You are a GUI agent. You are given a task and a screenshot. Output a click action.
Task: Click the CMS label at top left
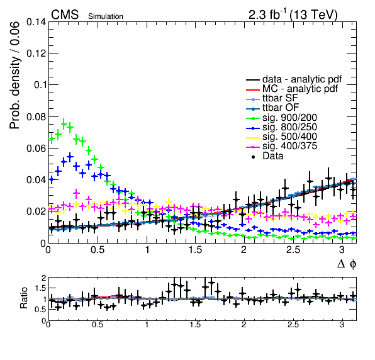tap(65, 14)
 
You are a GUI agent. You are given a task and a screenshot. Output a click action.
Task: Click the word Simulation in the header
tap(106, 16)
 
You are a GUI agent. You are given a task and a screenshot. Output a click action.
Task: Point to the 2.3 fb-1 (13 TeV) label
tap(293, 15)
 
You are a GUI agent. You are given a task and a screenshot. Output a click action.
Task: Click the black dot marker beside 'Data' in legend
tap(253, 157)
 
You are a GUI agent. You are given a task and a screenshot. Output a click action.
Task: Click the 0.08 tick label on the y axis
tap(36, 116)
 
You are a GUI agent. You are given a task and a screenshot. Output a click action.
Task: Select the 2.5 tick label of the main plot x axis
tap(293, 250)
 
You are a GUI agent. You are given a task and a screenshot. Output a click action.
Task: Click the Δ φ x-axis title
tap(347, 264)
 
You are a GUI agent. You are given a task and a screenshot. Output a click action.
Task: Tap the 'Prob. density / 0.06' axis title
tap(14, 76)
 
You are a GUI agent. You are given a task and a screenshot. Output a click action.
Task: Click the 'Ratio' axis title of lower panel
tap(24, 298)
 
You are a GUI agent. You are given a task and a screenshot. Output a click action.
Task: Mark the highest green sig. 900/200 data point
tap(64, 124)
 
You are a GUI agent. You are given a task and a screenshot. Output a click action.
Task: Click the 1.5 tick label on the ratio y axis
tap(40, 288)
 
